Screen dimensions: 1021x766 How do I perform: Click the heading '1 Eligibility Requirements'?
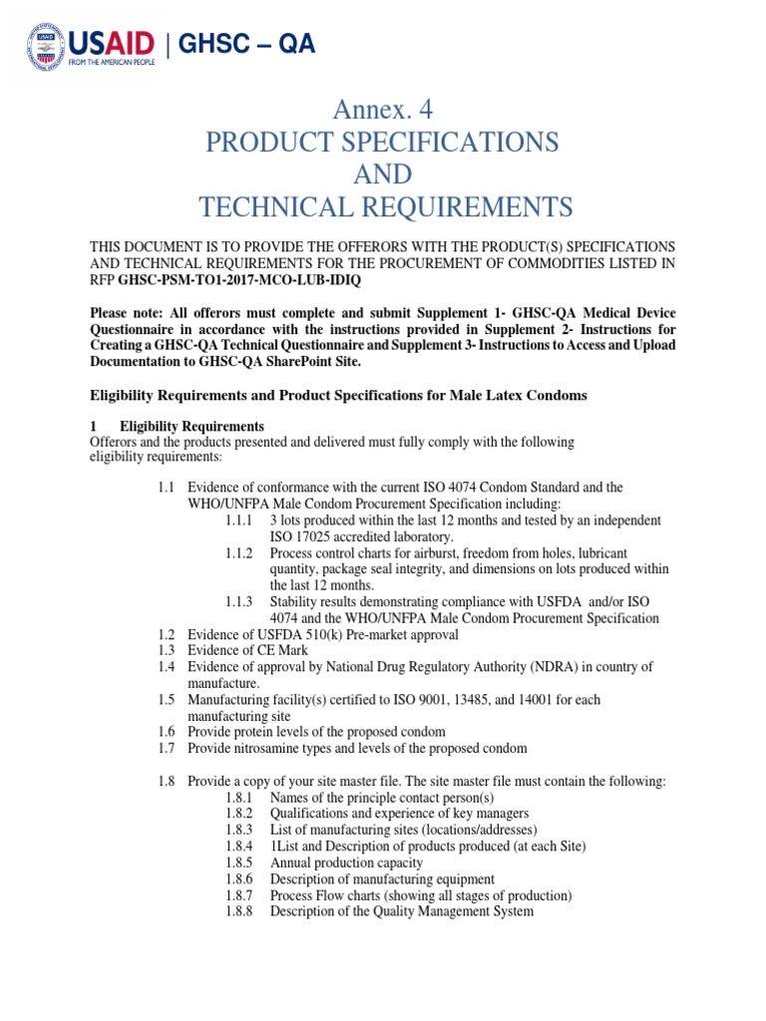click(x=177, y=427)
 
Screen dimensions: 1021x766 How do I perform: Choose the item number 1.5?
click(x=166, y=700)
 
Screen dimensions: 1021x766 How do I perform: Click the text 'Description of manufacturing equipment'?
click(x=382, y=878)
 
